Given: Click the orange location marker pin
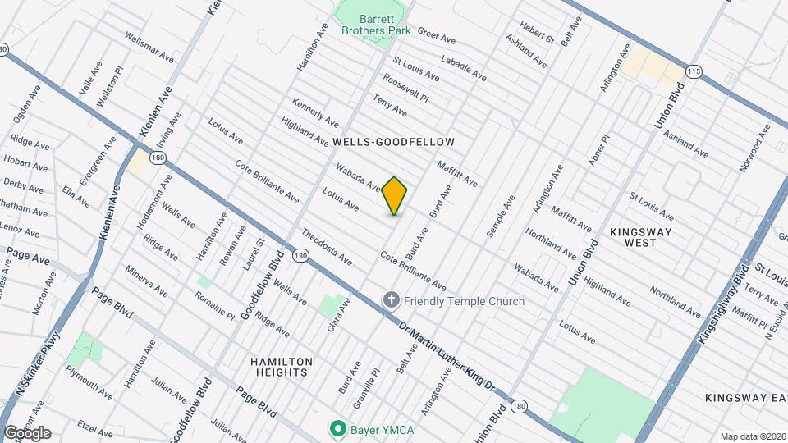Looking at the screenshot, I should coord(395,195).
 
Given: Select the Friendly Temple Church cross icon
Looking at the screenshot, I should coord(392,301).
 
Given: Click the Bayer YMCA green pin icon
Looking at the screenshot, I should coord(337,428).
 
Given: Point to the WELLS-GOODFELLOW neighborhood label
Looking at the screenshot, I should coord(393,142).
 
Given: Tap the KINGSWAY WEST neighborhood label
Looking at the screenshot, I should coord(641,238).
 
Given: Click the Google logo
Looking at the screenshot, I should coord(26,432).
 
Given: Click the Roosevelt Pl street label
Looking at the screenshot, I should coord(406,89).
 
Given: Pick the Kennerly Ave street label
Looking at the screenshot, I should coord(315,113).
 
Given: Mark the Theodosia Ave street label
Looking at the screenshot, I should coord(326,247).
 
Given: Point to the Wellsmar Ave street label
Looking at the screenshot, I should coord(149,48).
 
